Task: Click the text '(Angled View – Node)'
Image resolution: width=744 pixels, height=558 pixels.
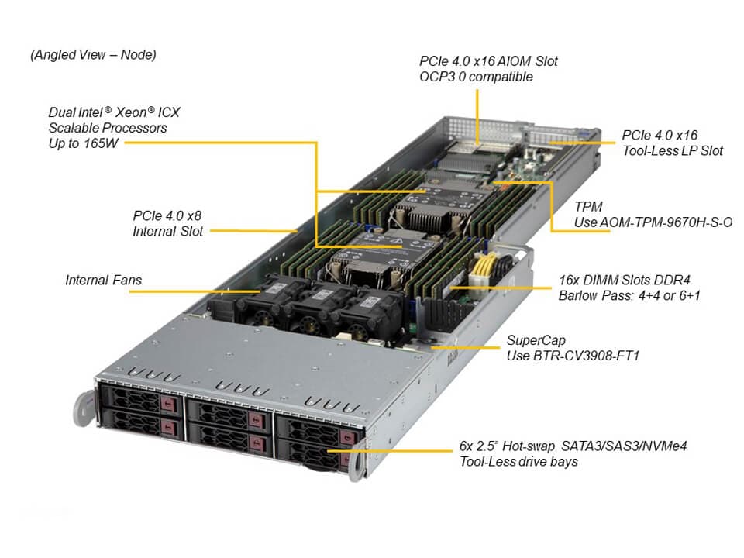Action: pyautogui.click(x=93, y=55)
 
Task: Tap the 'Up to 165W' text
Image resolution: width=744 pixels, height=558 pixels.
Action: pyautogui.click(x=81, y=143)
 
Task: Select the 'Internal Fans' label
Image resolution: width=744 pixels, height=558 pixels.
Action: pyautogui.click(x=103, y=280)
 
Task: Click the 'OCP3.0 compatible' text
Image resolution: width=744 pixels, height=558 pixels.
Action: pyautogui.click(x=476, y=77)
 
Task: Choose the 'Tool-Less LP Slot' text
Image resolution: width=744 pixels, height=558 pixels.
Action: pyautogui.click(x=672, y=150)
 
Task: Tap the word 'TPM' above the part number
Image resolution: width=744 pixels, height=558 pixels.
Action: pyautogui.click(x=588, y=207)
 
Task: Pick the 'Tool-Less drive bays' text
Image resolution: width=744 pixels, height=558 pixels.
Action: pyautogui.click(x=518, y=462)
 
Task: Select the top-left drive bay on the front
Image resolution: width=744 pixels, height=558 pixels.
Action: pyautogui.click(x=139, y=401)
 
